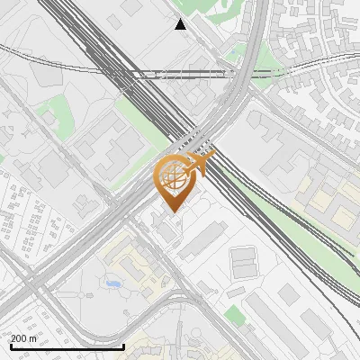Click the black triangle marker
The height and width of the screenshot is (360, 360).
181,24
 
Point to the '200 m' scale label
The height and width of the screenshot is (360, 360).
23,338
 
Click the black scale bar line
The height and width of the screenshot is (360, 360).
67,346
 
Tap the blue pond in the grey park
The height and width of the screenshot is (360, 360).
112,284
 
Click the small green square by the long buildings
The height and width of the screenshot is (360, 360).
234,314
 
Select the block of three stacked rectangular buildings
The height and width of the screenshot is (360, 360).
245,263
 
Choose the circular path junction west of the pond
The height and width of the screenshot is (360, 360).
90,293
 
